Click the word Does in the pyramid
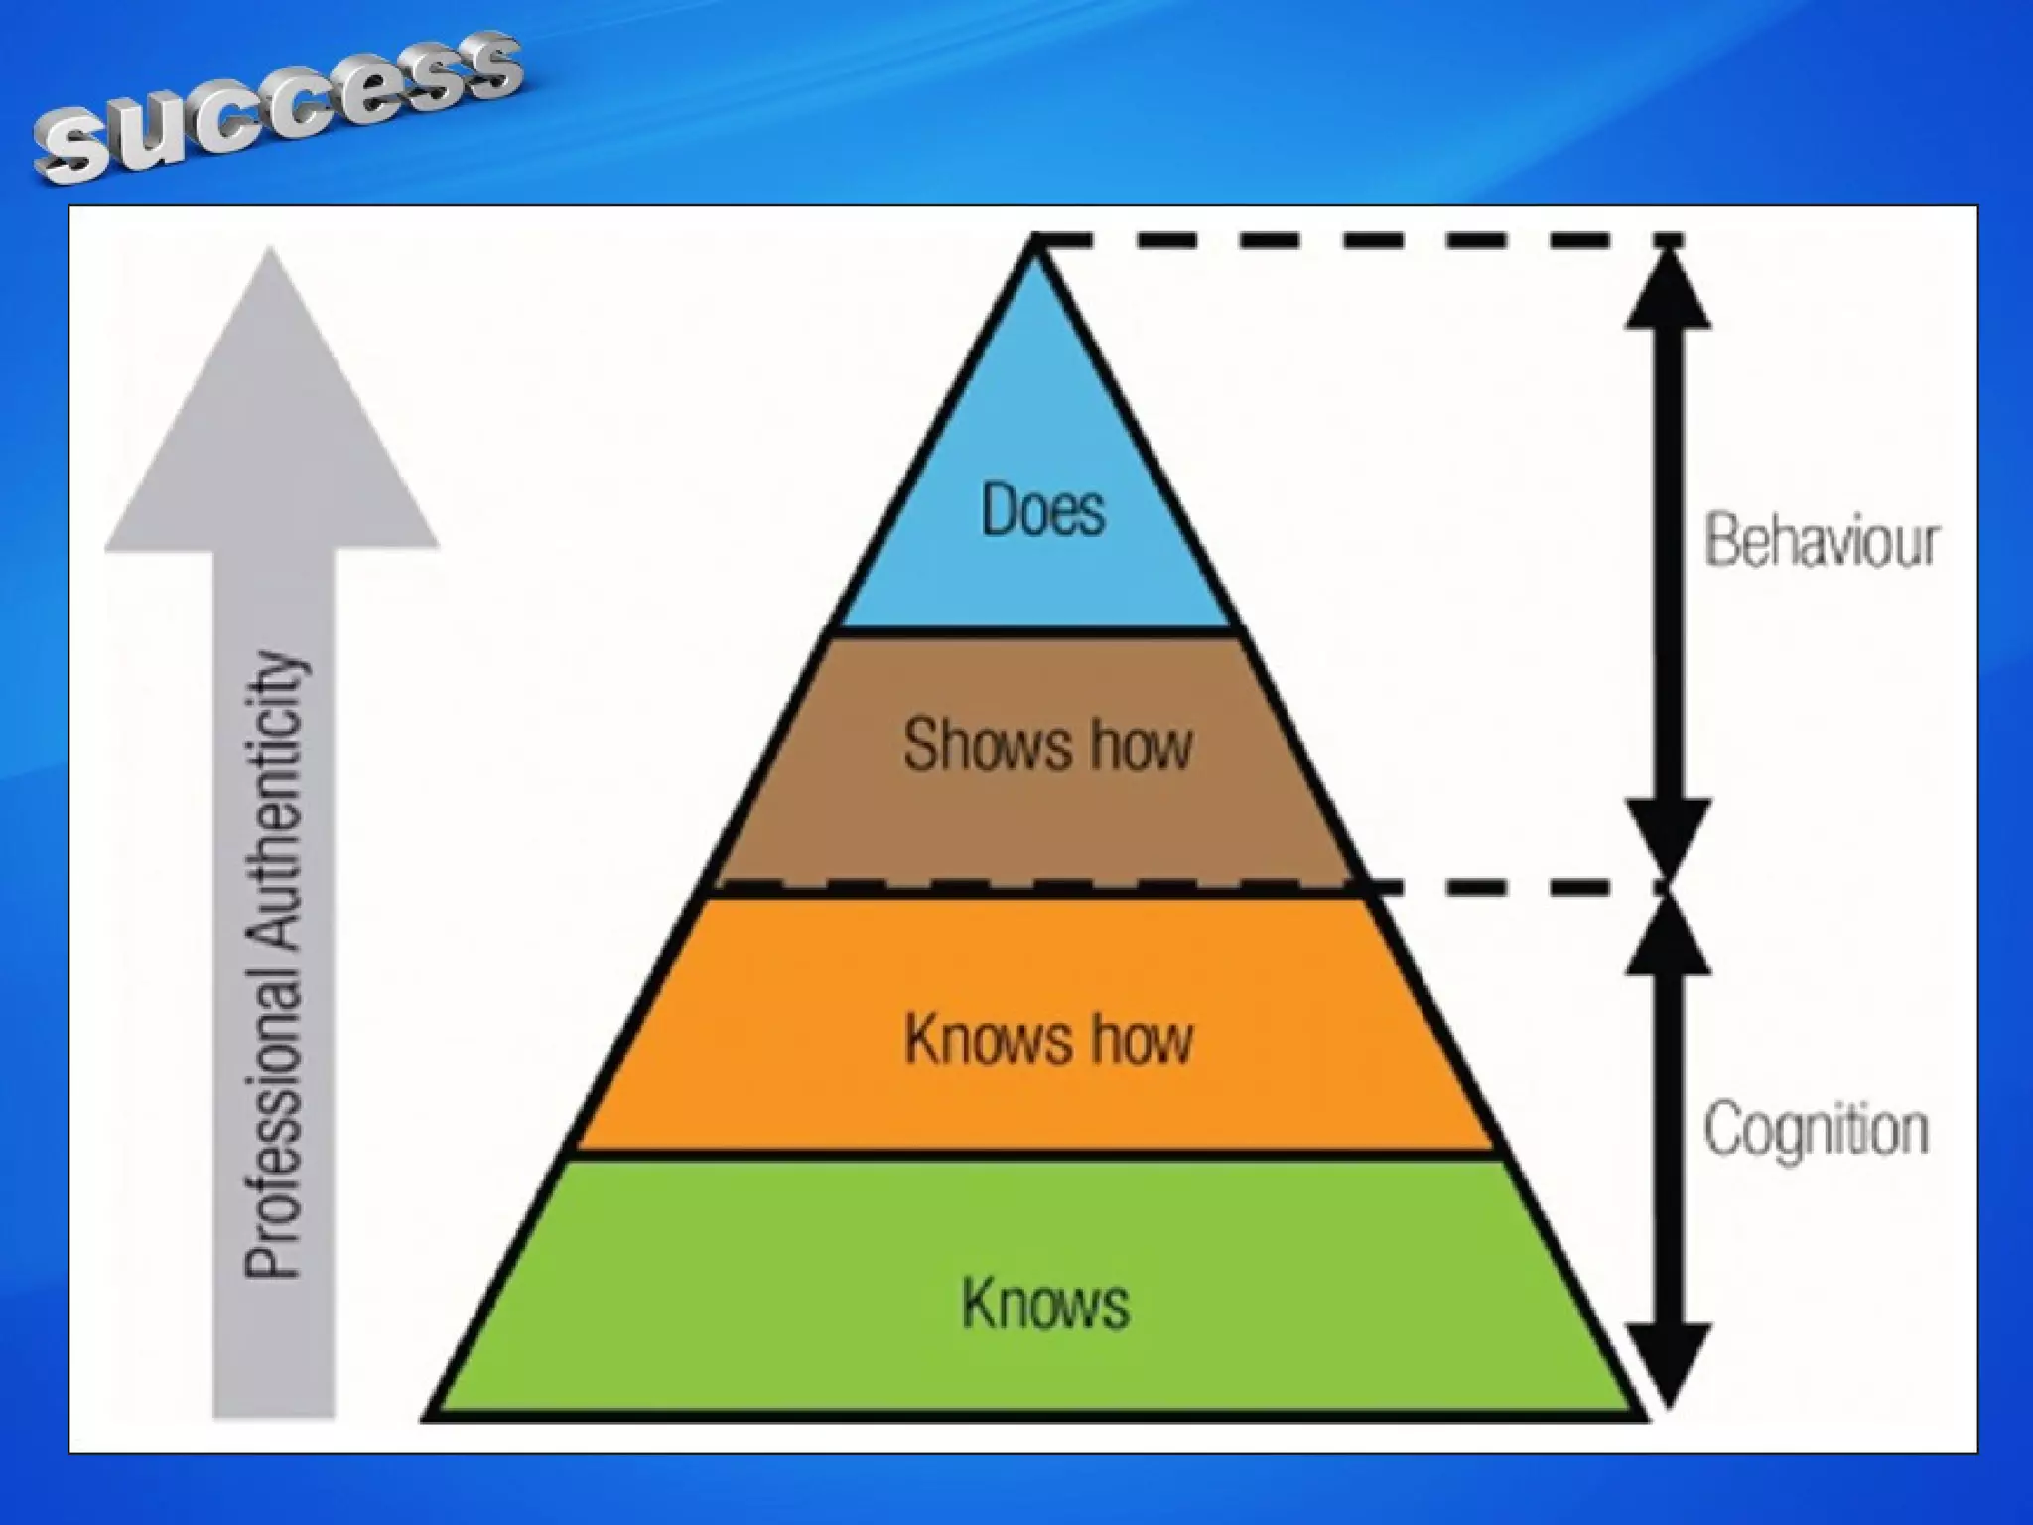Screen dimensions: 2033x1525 point(1042,510)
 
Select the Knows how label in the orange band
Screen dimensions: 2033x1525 point(1048,1039)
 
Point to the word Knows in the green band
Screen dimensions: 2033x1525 point(1045,1303)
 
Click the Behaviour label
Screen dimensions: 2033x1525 point(1821,542)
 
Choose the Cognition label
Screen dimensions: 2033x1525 point(1817,1130)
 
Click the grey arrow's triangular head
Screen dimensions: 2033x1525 point(272,417)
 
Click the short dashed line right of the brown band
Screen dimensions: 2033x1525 point(1509,887)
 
